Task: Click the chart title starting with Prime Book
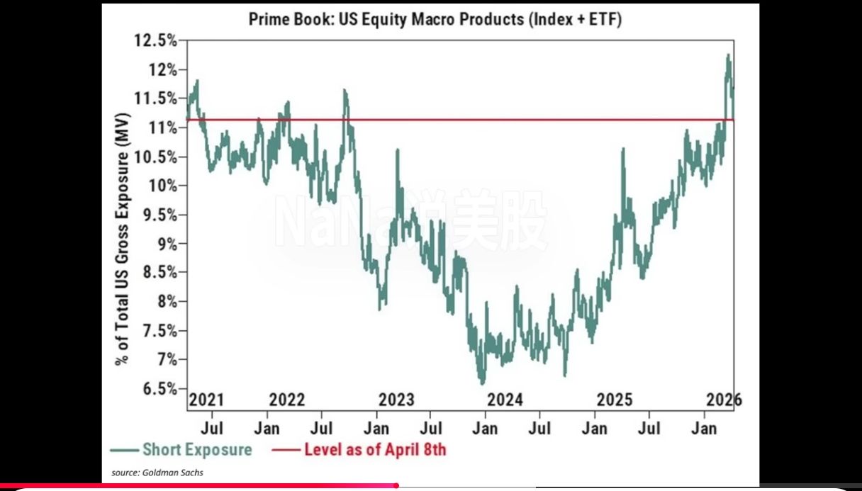[x=435, y=19]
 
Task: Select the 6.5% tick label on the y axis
[x=157, y=388]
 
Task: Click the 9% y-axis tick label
[x=162, y=244]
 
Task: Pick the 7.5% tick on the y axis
[x=157, y=331]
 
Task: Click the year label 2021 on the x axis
[x=206, y=400]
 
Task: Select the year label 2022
[x=288, y=400]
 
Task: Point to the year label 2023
[x=396, y=400]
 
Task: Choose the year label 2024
[x=505, y=400]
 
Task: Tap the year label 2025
[x=615, y=400]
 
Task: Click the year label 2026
[x=724, y=400]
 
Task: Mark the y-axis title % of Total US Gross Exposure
[x=123, y=238]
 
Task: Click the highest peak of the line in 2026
[x=728, y=55]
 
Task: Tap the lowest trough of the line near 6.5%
[x=483, y=383]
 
